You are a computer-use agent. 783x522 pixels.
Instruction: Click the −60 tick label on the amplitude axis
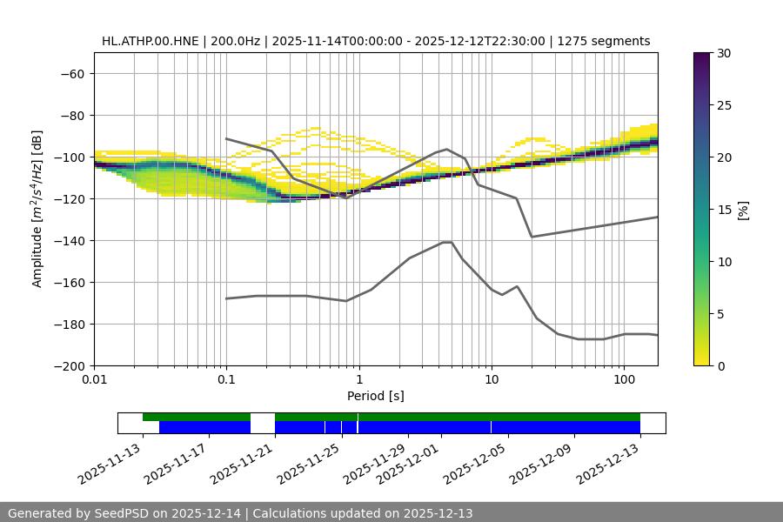tap(71, 73)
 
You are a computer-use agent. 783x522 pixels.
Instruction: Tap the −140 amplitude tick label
tap(68, 240)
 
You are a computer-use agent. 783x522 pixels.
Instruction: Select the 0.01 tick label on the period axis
tap(94, 380)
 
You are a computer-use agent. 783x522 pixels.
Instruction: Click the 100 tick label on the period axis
tap(624, 380)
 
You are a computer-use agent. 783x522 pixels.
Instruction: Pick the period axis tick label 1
tap(358, 380)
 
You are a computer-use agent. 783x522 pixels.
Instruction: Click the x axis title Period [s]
tap(376, 396)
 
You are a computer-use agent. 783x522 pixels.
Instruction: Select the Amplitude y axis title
tap(37, 209)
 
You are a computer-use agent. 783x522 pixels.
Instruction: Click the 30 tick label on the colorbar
tap(724, 53)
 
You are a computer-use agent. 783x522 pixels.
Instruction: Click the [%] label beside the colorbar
tap(743, 210)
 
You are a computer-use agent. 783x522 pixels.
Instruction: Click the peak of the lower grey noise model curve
tap(447, 242)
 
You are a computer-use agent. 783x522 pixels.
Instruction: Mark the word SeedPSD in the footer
tap(130, 513)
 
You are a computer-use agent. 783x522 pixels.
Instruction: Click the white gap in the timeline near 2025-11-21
tap(263, 423)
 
